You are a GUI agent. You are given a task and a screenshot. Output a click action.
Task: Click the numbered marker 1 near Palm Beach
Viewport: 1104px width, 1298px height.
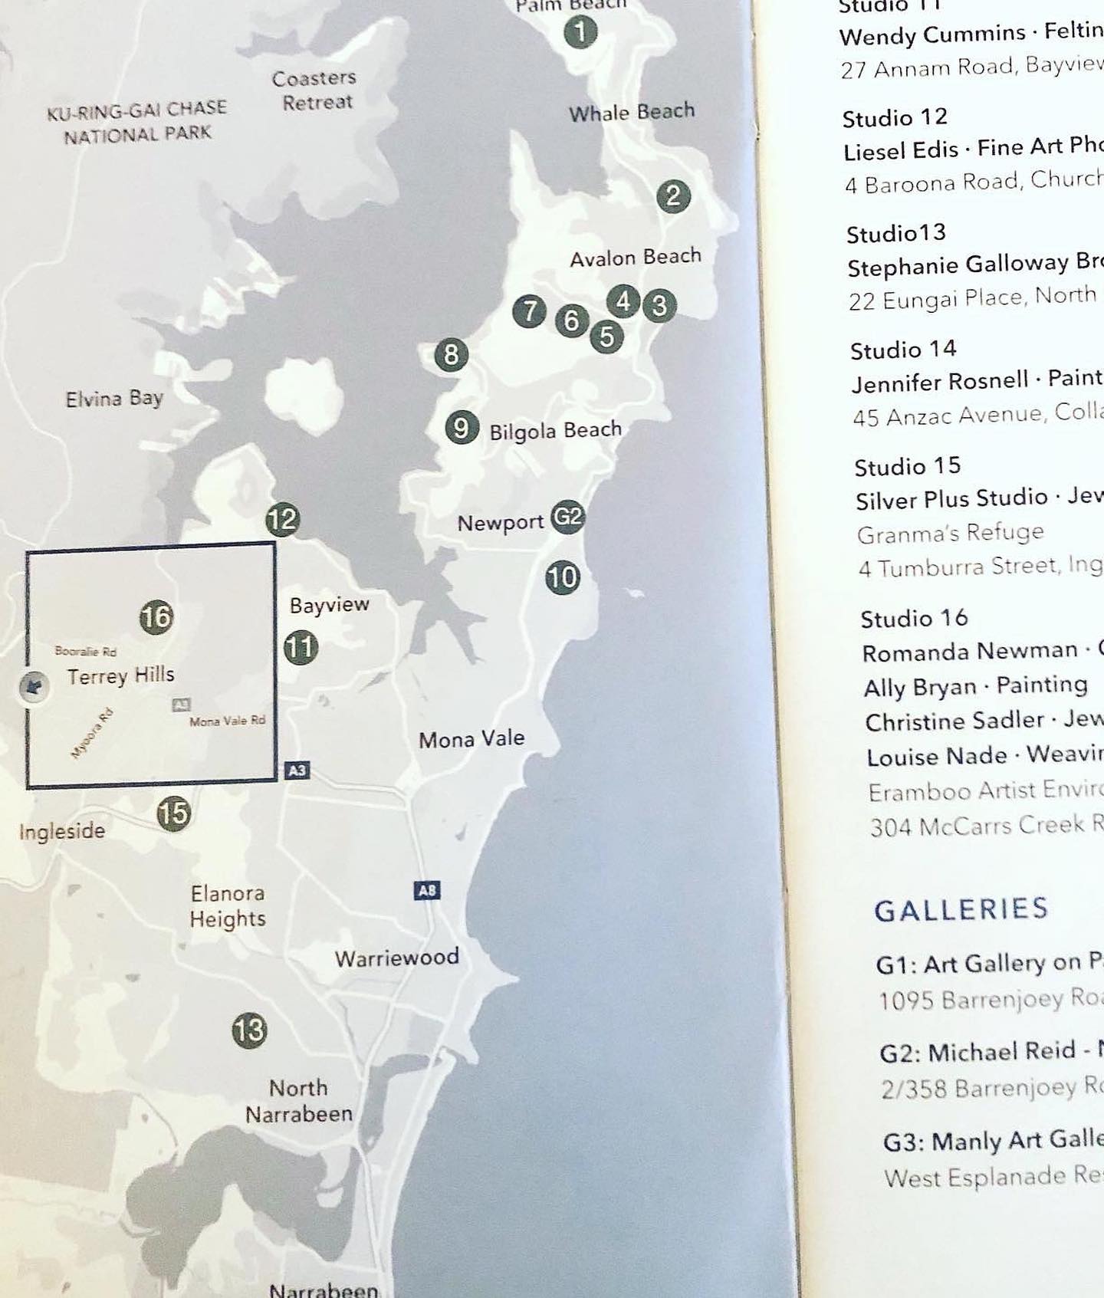(580, 32)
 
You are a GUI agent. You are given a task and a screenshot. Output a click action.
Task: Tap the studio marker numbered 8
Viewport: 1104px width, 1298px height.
(451, 355)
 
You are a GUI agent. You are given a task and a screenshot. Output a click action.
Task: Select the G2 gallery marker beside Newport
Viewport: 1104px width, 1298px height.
(567, 517)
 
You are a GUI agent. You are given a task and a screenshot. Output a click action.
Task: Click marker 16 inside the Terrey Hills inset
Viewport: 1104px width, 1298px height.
(156, 617)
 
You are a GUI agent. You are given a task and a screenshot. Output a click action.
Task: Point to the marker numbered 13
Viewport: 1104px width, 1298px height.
(249, 1030)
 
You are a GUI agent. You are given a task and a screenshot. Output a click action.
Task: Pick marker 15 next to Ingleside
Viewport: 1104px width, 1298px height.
(174, 813)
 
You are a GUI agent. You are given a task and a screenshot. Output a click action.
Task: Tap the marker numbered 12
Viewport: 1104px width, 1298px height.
(282, 520)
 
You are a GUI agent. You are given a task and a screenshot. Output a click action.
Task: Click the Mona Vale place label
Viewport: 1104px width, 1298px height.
(472, 739)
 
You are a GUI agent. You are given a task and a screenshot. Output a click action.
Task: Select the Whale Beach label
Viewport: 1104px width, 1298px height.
(632, 113)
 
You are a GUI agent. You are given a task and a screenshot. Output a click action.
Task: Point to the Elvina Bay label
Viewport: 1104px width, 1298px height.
(114, 399)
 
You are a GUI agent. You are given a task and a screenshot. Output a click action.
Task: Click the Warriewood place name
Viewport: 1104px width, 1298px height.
(396, 958)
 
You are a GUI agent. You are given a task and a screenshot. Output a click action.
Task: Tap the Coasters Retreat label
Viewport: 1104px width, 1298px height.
(315, 90)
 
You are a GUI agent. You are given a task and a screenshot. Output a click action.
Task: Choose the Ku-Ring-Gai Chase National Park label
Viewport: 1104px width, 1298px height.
(136, 122)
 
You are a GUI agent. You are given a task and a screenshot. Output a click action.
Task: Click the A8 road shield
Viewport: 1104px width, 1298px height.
(427, 890)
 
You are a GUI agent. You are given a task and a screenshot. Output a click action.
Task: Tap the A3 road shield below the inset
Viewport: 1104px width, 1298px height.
(297, 770)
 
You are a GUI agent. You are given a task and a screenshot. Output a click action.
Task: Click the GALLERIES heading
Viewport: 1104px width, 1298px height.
(961, 909)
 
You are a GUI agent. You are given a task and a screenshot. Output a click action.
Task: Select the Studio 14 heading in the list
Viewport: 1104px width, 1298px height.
(903, 350)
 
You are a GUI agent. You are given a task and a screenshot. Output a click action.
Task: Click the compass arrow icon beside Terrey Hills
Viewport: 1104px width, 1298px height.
(33, 686)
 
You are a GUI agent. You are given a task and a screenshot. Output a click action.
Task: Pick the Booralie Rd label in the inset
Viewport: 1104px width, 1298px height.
(86, 652)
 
